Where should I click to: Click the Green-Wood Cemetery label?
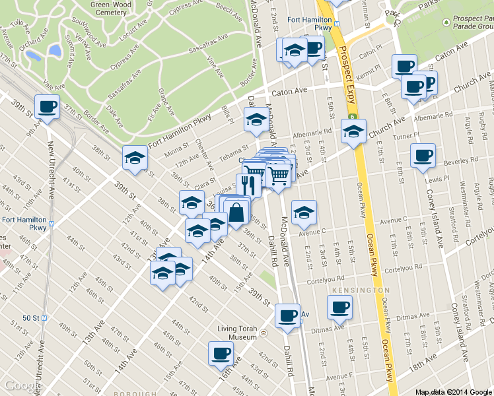[x=108, y=7]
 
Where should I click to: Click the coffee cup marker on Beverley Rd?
[x=423, y=156]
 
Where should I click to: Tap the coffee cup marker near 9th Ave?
[x=48, y=107]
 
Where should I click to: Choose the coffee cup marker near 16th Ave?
[x=221, y=353]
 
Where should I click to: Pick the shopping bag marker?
[x=236, y=213]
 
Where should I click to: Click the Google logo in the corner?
[x=22, y=386]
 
